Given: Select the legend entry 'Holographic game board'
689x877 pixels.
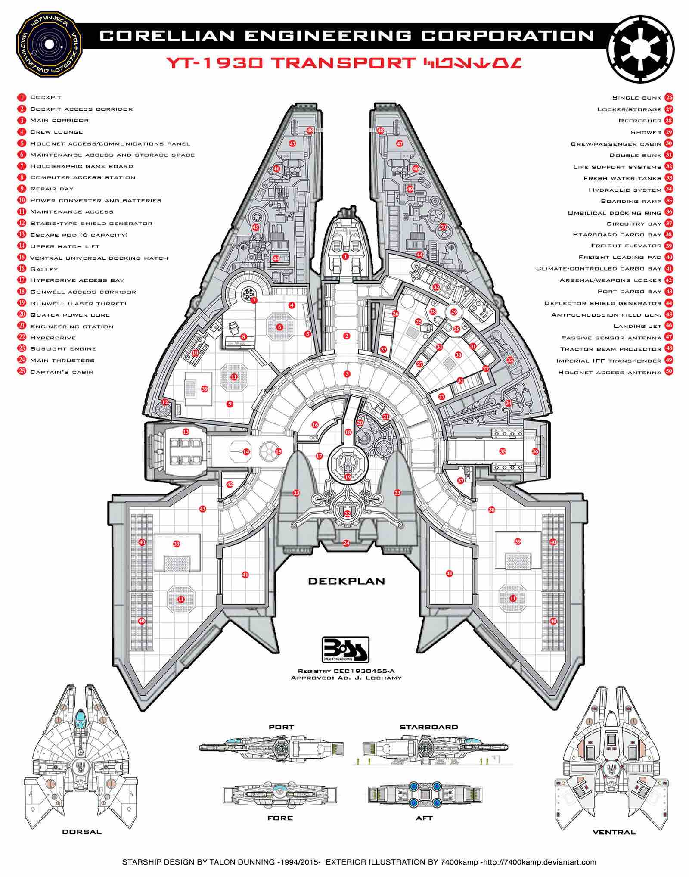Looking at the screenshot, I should [x=81, y=166].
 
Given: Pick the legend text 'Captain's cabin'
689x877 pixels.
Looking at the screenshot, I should [x=62, y=372].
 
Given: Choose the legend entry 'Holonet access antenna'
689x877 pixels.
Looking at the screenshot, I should [x=609, y=372].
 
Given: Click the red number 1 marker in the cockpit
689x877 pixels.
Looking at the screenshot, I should [x=345, y=256].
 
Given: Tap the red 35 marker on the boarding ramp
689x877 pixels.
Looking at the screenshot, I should [x=503, y=451].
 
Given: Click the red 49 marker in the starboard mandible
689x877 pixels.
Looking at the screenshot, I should [x=410, y=189].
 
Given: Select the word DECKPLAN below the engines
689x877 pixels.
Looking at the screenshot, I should [x=346, y=581].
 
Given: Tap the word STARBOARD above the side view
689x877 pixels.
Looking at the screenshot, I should [x=428, y=727].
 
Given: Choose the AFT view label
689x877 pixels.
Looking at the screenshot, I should [x=424, y=818].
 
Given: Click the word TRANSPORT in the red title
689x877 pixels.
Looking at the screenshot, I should [x=343, y=63].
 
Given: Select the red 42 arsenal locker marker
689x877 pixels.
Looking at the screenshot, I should [x=230, y=484].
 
